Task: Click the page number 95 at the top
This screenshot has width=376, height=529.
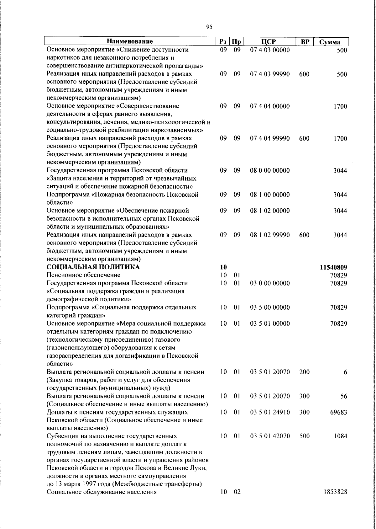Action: (x=210, y=27)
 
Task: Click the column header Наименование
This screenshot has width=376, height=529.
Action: (x=130, y=41)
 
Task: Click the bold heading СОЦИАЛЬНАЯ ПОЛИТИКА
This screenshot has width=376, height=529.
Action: (x=93, y=267)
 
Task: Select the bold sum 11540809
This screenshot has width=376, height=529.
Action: (x=333, y=268)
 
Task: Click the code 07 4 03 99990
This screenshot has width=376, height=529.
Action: (x=270, y=74)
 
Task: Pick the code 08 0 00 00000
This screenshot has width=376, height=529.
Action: (x=270, y=171)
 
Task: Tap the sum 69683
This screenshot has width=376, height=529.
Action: (x=338, y=412)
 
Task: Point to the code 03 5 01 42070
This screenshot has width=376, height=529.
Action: (x=270, y=436)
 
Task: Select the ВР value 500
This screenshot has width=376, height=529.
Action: (x=304, y=436)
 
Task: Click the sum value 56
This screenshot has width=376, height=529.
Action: (x=344, y=396)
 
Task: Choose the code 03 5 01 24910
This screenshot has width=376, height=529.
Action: (x=270, y=412)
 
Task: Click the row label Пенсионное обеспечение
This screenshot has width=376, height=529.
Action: (x=83, y=275)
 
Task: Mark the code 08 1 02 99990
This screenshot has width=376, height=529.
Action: (x=270, y=235)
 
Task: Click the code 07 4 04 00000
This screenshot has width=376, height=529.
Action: (x=270, y=106)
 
